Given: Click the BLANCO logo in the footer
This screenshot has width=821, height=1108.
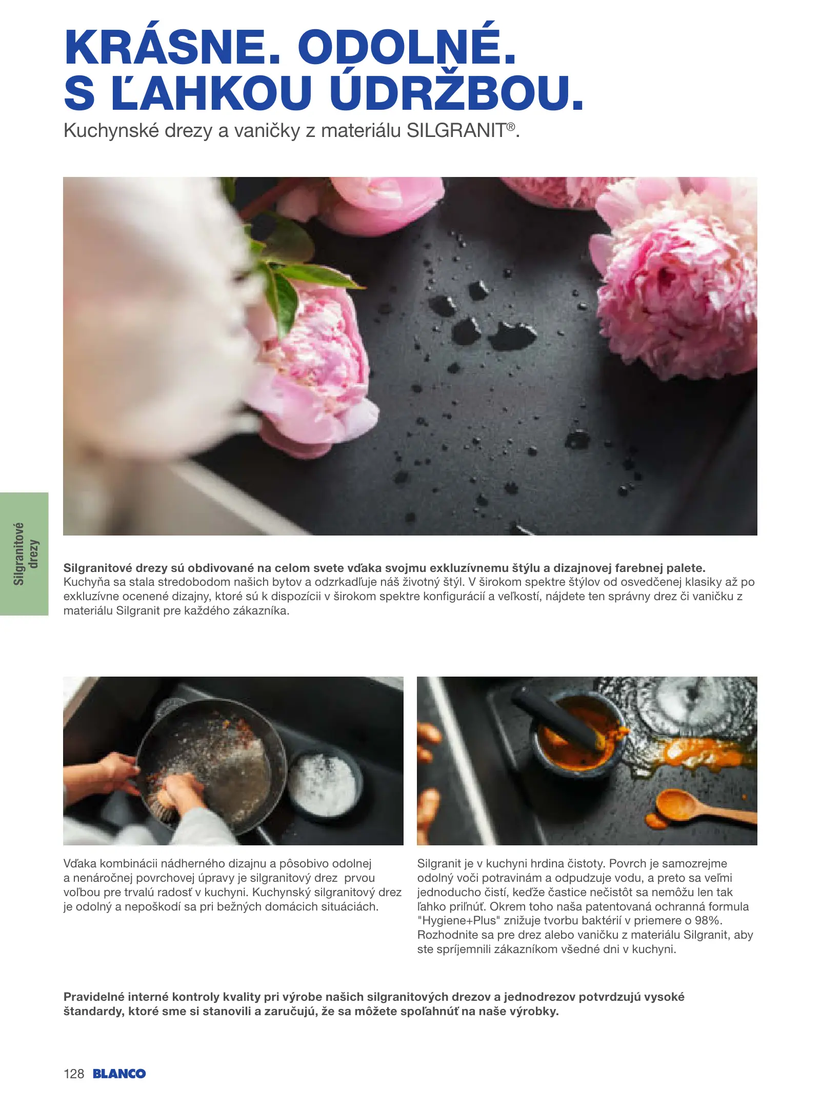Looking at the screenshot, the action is point(119,1074).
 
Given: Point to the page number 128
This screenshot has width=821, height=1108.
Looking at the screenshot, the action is point(74,1074).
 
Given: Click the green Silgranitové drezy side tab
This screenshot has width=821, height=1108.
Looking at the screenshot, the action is point(24,554).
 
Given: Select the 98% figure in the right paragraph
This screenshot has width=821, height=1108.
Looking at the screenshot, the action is point(708,920).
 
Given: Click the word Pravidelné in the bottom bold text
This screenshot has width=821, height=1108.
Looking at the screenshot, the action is point(94,997).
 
